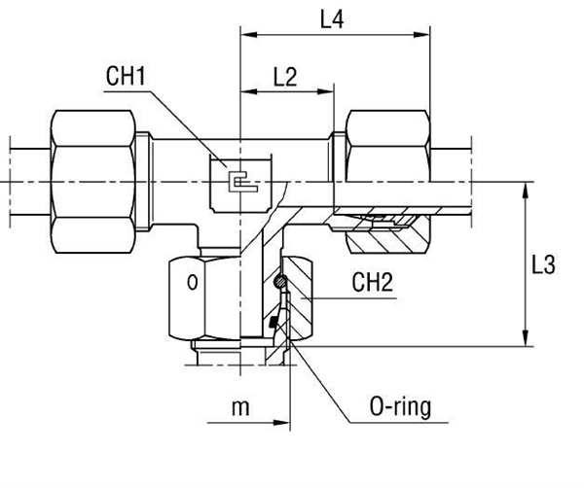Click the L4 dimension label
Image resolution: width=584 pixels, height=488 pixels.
coord(332,17)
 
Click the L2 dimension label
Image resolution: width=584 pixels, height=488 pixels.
coord(284,78)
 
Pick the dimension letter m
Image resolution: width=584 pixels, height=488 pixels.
coord(239,408)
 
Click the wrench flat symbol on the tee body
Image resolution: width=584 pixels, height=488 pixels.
coord(237,181)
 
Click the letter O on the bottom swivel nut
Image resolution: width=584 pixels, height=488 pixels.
coord(192,283)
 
